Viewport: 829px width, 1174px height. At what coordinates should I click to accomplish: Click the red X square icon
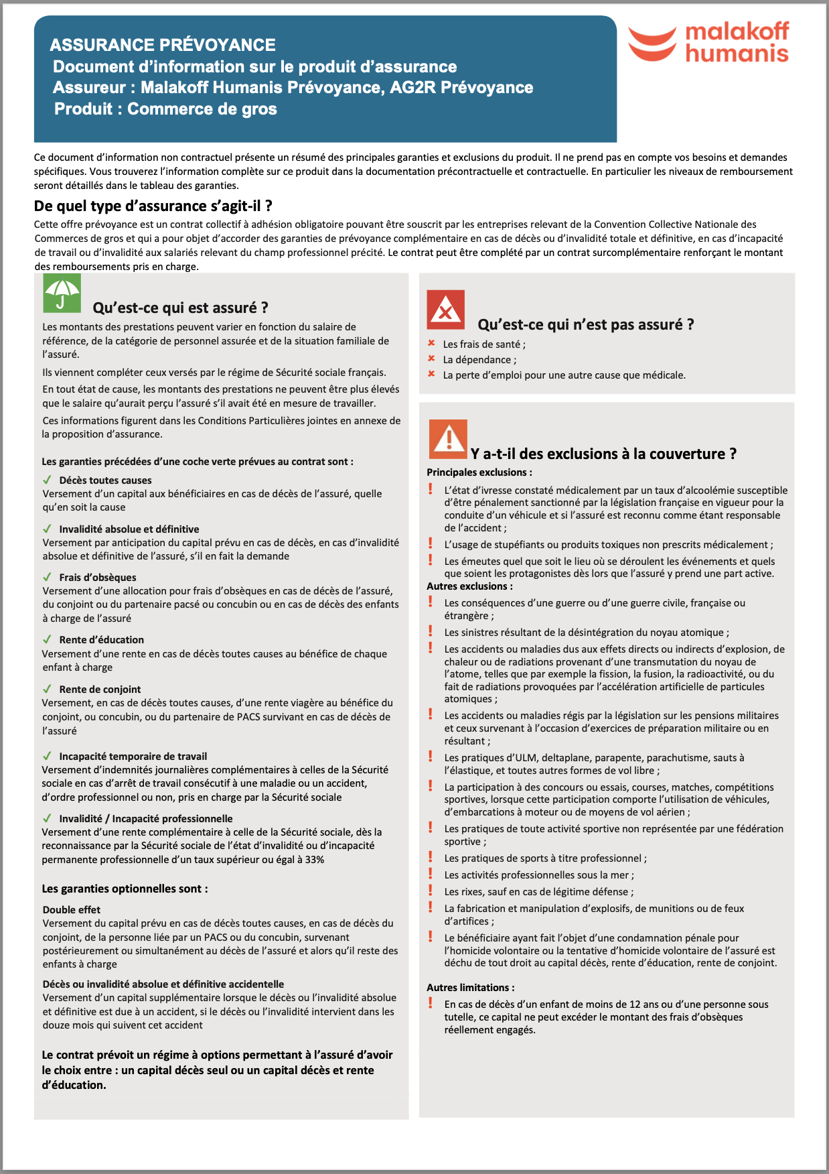click(x=445, y=310)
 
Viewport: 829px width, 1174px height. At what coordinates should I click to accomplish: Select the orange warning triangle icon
click(x=448, y=439)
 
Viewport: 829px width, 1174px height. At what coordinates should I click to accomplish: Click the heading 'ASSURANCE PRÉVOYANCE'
click(x=163, y=45)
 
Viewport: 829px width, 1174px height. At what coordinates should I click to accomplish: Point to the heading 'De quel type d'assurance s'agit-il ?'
click(x=153, y=206)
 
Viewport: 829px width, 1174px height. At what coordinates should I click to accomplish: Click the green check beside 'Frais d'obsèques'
click(x=47, y=577)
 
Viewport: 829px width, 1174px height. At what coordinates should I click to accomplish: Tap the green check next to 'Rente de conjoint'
click(x=47, y=689)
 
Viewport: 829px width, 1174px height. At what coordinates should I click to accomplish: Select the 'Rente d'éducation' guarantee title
click(x=101, y=640)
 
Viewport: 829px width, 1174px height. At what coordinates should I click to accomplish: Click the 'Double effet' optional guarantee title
click(x=72, y=909)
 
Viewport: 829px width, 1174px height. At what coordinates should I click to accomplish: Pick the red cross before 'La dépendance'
click(x=431, y=358)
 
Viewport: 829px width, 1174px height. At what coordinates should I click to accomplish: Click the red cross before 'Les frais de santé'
click(x=431, y=343)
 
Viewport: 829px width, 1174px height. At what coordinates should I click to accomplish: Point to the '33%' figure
click(x=315, y=860)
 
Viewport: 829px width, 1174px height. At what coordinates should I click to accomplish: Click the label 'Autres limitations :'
click(x=471, y=988)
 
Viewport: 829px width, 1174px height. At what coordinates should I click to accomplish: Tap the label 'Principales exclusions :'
click(x=479, y=472)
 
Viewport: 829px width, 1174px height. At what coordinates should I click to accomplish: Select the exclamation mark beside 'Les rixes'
click(x=431, y=891)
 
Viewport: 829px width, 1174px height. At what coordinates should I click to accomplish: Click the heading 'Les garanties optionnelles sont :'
click(x=125, y=889)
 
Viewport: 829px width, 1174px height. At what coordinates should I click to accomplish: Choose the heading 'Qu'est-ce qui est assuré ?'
click(x=180, y=308)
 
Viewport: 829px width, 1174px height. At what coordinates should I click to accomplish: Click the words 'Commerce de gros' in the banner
click(x=202, y=109)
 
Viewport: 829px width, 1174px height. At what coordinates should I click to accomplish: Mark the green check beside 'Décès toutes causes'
click(x=47, y=480)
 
